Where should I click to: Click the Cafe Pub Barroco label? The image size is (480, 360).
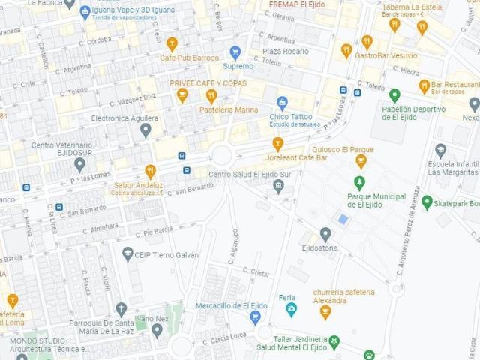click(x=189, y=57)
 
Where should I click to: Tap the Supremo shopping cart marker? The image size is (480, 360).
click(x=235, y=52)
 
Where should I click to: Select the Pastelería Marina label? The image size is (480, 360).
click(x=229, y=109)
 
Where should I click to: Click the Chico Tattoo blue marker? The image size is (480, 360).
click(x=282, y=103)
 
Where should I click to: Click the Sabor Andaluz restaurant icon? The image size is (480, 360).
click(x=150, y=171)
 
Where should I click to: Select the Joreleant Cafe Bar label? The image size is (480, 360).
click(x=296, y=158)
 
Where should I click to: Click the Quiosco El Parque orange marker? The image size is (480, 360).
click(x=361, y=161)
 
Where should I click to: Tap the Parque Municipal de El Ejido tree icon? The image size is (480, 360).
click(x=360, y=182)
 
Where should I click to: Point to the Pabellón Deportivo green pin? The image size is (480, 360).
click(x=394, y=95)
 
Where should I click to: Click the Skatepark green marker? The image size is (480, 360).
click(x=427, y=202)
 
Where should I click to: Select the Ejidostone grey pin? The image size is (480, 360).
click(x=325, y=234)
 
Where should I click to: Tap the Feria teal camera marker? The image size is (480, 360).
click(x=291, y=309)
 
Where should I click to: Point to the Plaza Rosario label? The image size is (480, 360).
click(x=285, y=51)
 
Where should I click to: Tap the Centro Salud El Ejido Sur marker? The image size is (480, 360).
click(x=279, y=186)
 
